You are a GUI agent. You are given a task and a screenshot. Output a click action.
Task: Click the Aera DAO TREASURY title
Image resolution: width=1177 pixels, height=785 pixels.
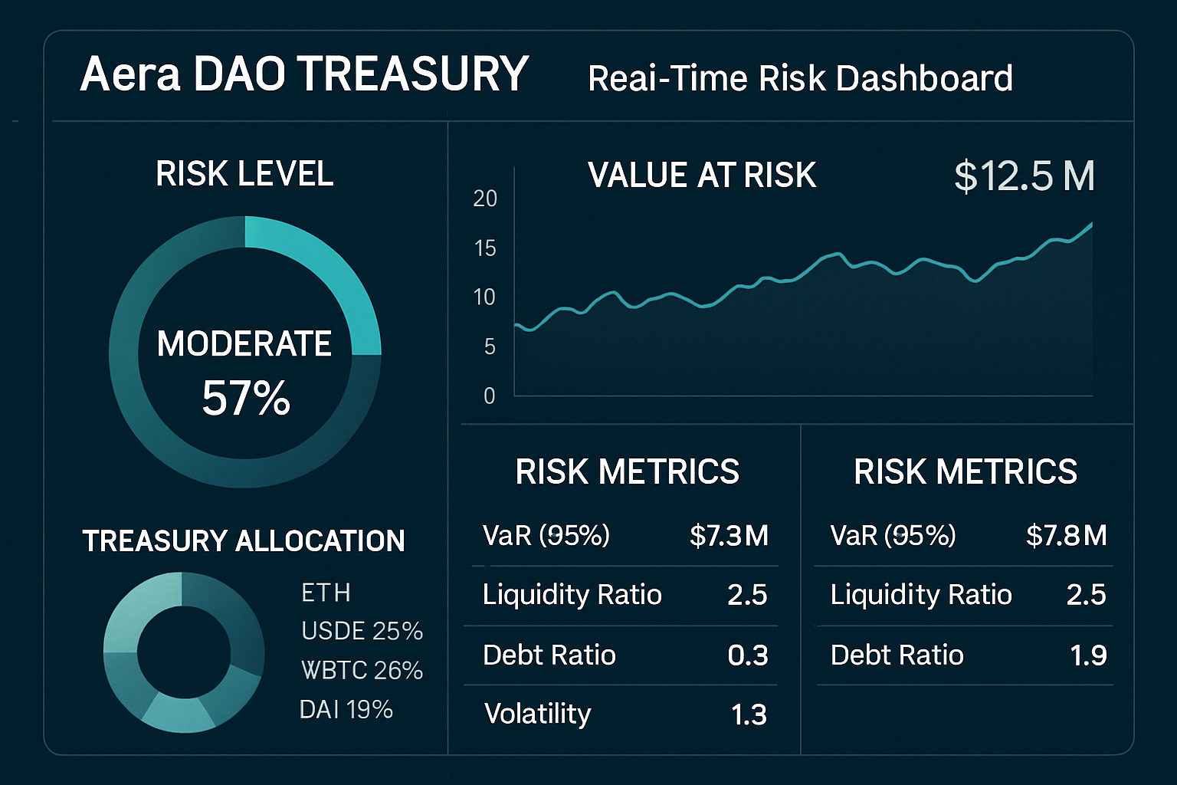pos(304,74)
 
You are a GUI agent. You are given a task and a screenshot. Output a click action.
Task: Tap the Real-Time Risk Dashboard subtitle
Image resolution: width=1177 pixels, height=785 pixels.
pos(800,78)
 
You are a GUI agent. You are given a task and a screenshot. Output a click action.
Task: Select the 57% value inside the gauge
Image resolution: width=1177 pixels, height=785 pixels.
pos(246,399)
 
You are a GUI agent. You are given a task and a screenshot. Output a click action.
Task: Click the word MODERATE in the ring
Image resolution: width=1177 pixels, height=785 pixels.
pos(244,343)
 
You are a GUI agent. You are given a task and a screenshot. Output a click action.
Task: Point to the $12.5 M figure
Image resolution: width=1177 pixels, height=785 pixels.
pos(1024,176)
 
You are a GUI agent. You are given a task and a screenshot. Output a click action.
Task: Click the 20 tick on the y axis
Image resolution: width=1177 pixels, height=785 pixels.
pos(485,199)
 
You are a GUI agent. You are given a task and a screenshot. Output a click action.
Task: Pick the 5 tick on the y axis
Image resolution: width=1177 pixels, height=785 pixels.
pos(489,347)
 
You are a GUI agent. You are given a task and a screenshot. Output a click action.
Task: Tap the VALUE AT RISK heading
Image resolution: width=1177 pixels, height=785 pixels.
pos(701,175)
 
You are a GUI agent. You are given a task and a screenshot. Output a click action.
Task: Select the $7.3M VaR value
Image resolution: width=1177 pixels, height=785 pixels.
pos(729,535)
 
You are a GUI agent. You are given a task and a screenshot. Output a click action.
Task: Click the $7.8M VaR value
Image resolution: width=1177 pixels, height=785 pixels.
pos(1066,535)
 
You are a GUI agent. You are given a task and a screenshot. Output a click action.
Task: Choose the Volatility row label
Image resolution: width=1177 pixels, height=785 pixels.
pos(538,714)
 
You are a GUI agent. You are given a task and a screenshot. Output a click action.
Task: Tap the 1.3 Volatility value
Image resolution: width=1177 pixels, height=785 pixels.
pos(749,714)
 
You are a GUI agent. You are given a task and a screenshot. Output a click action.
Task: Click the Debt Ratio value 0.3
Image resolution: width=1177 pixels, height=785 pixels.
pos(747,655)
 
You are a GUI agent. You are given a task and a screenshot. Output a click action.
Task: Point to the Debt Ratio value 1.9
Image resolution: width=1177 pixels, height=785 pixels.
pos(1088,655)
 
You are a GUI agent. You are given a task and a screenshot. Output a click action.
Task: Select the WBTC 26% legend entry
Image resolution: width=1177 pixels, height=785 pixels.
pos(362,670)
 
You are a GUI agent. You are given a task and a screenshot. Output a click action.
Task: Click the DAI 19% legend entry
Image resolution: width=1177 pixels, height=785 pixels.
pos(346,709)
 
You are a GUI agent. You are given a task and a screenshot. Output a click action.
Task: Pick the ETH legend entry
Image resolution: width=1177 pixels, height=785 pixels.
pos(326,593)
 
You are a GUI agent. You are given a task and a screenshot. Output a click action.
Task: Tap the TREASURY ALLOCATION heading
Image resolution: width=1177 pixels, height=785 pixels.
pos(244,541)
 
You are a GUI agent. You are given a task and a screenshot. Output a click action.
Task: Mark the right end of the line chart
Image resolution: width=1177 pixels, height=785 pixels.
pos(1090,224)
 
